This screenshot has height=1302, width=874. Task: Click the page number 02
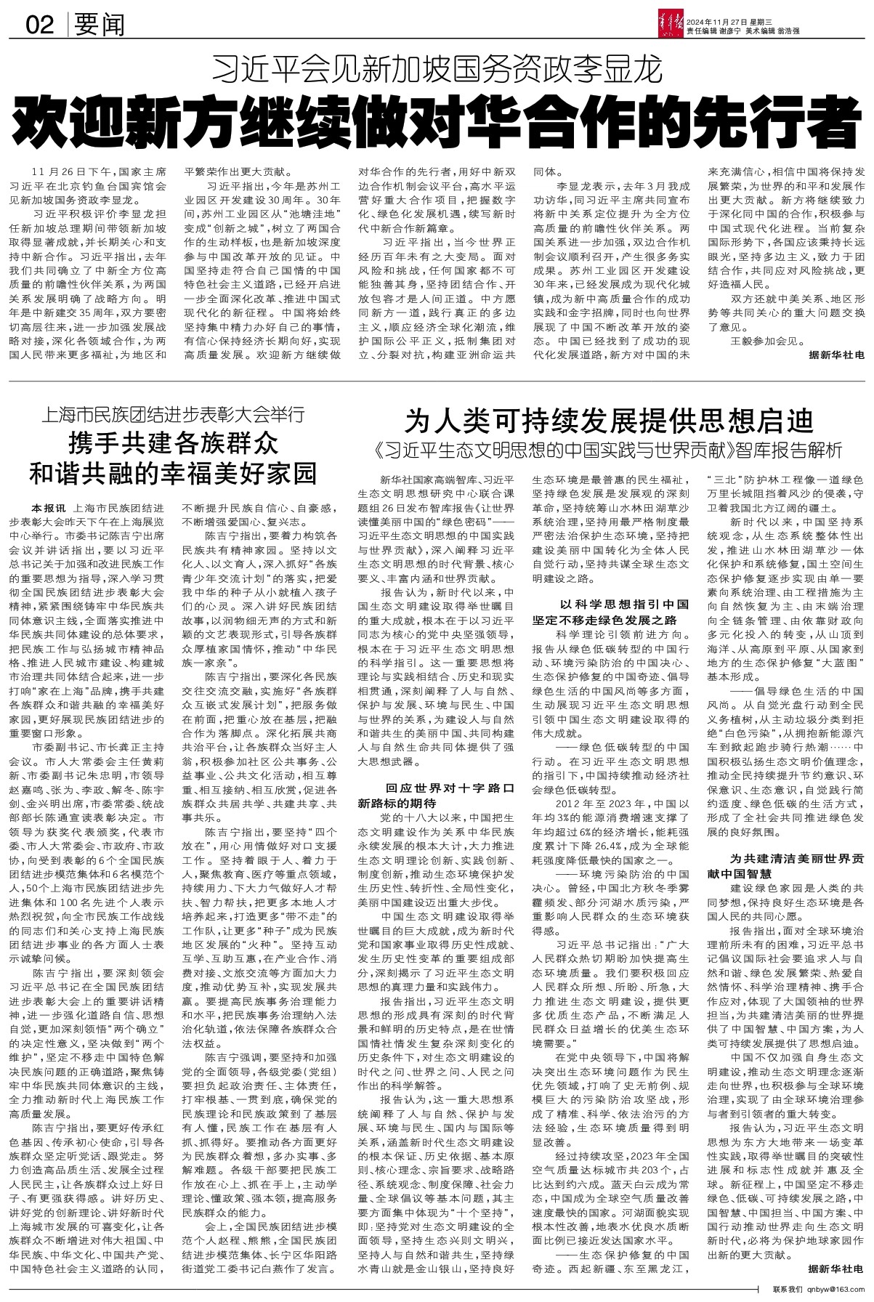click(41, 26)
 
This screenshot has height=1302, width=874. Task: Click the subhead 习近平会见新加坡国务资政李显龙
click(437, 70)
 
